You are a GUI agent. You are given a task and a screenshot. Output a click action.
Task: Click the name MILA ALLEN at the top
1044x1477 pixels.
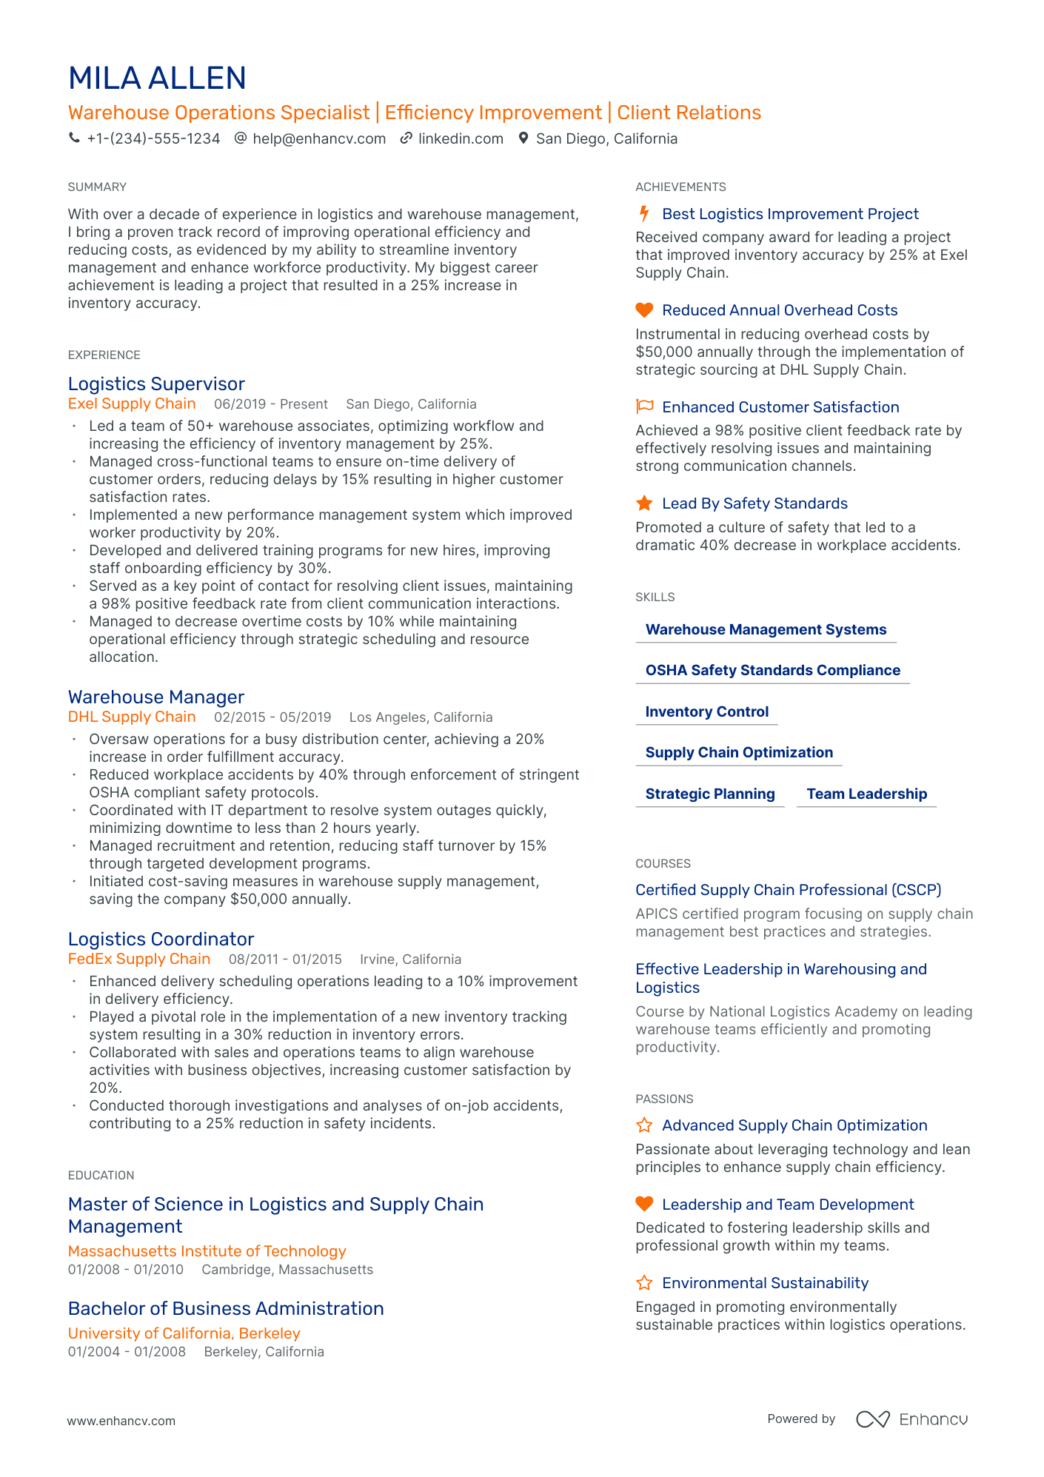(157, 78)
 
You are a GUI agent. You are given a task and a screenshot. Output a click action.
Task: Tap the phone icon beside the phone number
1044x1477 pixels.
(74, 138)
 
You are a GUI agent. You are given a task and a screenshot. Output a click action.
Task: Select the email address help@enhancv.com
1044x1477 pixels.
(319, 138)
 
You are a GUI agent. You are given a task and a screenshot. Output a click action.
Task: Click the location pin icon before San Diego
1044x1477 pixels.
(523, 138)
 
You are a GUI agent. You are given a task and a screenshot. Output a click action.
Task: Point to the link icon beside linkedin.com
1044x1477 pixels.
(406, 138)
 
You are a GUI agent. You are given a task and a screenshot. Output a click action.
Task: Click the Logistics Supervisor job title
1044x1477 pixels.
(156, 384)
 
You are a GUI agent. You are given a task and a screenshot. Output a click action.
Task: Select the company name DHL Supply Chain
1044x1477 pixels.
(132, 717)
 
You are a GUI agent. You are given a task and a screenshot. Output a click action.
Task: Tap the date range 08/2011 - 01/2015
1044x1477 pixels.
(285, 959)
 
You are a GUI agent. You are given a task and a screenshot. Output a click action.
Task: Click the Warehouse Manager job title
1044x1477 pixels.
(156, 697)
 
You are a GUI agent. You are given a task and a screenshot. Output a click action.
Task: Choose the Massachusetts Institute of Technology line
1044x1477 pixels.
(207, 1251)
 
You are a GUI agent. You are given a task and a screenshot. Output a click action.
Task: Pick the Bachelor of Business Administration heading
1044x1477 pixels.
(226, 1308)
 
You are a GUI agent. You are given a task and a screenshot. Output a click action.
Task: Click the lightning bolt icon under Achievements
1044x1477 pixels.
(644, 214)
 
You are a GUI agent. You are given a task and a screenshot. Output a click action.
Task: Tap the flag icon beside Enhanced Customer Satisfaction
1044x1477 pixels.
(644, 406)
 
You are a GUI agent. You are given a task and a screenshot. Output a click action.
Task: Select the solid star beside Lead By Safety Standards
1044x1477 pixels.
(644, 503)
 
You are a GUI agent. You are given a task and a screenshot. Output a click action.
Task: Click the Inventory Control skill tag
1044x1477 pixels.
(707, 711)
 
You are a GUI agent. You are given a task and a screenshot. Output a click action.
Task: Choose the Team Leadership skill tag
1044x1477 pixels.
(866, 794)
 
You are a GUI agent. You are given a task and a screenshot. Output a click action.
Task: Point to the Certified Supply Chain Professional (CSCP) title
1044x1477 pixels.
(789, 890)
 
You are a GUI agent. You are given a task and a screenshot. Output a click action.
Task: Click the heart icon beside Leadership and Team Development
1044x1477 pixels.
(644, 1204)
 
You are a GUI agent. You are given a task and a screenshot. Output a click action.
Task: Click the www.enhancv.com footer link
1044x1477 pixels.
(121, 1421)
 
